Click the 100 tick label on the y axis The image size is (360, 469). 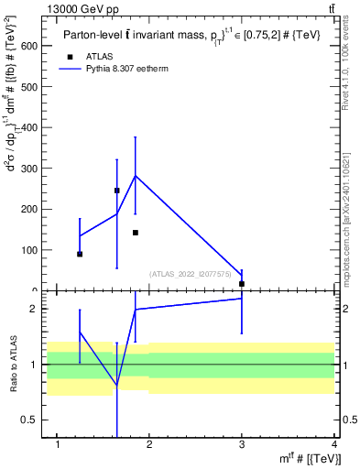(33, 250)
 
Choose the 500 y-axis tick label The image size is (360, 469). (33, 87)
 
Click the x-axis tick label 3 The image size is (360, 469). (242, 445)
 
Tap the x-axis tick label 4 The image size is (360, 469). (334, 445)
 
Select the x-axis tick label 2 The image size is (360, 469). (149, 445)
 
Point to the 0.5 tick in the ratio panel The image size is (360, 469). (34, 420)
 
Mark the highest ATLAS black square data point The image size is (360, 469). (117, 191)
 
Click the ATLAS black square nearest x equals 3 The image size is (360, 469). (242, 284)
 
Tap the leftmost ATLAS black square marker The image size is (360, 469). (80, 254)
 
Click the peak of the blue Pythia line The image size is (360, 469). (136, 176)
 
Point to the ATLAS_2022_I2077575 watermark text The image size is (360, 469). (191, 273)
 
